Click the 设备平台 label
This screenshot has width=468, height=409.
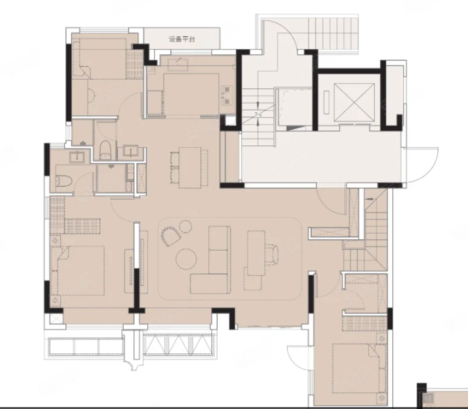181,39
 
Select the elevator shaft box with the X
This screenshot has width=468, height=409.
354,102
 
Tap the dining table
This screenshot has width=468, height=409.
190,168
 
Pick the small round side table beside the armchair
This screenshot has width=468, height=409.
185,227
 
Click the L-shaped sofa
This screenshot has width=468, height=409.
211,260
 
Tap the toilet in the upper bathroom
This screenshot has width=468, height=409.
105,150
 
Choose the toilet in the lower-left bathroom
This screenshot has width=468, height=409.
64,181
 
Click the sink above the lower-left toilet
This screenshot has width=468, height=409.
77,157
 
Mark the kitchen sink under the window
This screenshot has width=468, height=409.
178,65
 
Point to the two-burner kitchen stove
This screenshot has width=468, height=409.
227,95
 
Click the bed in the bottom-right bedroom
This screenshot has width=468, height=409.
358,368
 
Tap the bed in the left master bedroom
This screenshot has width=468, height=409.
78,270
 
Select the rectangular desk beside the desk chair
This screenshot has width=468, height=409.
257,253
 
